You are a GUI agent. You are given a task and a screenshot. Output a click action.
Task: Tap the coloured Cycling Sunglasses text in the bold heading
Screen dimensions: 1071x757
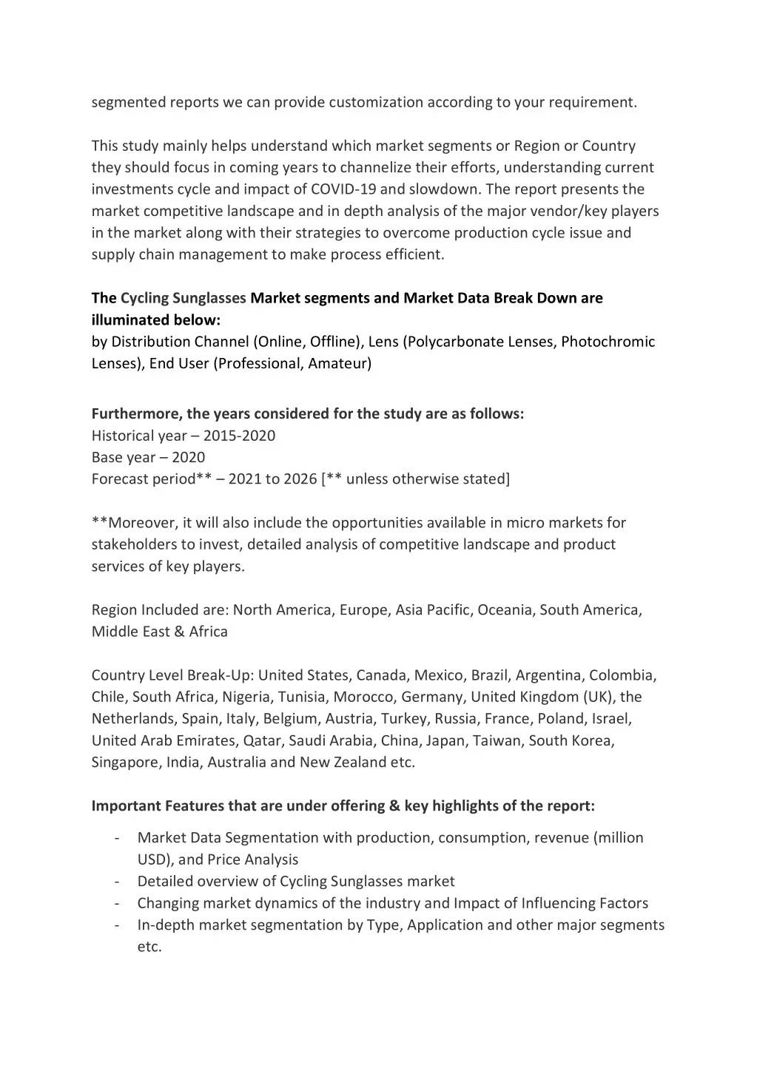184,298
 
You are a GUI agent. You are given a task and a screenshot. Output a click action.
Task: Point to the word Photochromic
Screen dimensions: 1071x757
608,342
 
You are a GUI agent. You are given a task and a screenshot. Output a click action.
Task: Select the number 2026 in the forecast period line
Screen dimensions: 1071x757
300,479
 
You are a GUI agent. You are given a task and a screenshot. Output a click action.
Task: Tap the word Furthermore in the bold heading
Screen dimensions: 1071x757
137,413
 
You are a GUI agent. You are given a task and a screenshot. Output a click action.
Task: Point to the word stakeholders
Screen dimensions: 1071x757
135,544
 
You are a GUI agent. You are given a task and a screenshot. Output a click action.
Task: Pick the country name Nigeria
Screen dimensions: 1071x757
246,697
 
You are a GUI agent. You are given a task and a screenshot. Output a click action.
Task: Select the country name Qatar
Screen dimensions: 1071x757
262,740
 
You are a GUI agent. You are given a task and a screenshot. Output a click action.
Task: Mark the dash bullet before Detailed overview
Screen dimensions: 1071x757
118,882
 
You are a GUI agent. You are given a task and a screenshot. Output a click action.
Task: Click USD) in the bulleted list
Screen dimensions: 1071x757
155,859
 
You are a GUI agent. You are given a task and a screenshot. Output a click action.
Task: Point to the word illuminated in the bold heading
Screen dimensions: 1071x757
130,320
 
